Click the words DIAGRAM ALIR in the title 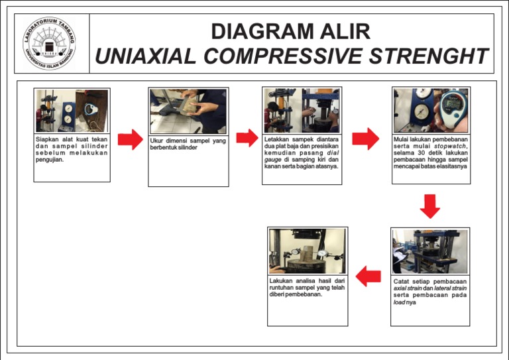tap(290, 31)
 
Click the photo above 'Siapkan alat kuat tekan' tap(72, 111)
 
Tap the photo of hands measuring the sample tap(188, 111)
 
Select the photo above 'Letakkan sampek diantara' tap(302, 111)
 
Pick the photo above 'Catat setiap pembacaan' tap(430, 252)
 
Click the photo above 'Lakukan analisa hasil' tap(308, 251)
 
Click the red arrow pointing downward tap(430, 206)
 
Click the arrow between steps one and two tap(130, 139)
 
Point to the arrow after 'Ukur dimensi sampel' tap(247, 138)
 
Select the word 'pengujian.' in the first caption tap(50, 160)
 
